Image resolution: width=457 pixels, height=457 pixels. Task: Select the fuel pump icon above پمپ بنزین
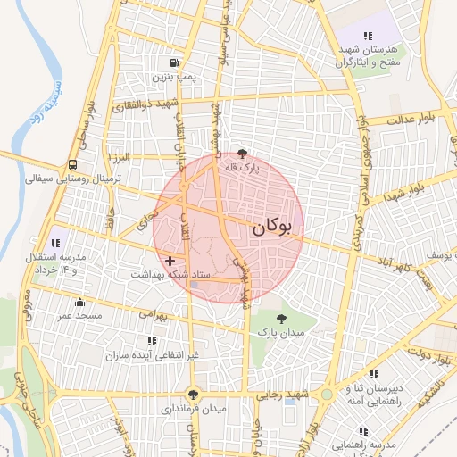point(173,63)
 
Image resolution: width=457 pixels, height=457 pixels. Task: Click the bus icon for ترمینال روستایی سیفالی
point(71,164)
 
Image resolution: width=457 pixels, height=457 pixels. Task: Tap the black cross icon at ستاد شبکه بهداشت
point(170,261)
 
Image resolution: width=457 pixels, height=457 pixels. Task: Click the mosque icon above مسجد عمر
point(79,302)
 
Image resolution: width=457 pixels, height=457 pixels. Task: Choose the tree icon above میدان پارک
point(282,318)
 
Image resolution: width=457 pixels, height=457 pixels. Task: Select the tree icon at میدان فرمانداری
point(192,395)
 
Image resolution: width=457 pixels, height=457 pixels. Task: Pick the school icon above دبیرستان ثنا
point(374,373)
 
